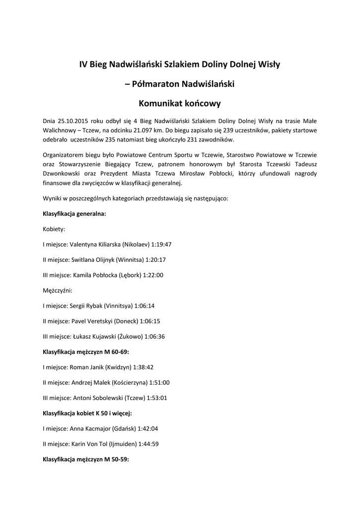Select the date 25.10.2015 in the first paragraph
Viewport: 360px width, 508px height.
(72, 121)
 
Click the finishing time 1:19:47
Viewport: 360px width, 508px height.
(161, 245)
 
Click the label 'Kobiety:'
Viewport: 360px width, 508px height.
(54, 229)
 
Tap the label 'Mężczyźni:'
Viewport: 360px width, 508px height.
(58, 290)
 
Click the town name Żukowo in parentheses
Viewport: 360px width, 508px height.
(131, 336)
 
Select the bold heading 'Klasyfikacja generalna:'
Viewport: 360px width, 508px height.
(74, 214)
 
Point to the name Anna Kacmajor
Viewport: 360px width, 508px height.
(90, 428)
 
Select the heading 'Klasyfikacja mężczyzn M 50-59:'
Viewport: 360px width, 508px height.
(86, 459)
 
